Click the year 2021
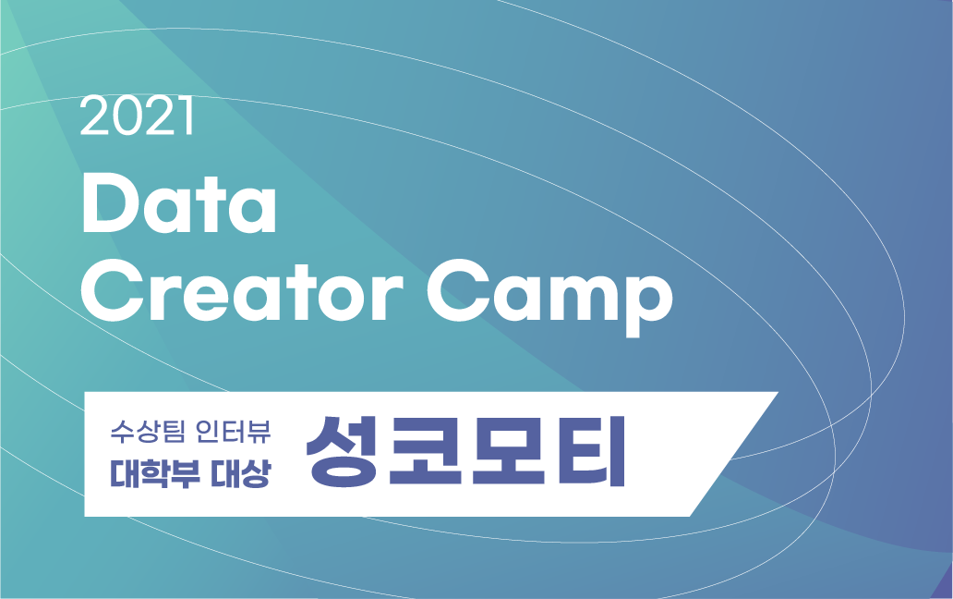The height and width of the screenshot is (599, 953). (137, 116)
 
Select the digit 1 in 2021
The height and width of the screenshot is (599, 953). (187, 116)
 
